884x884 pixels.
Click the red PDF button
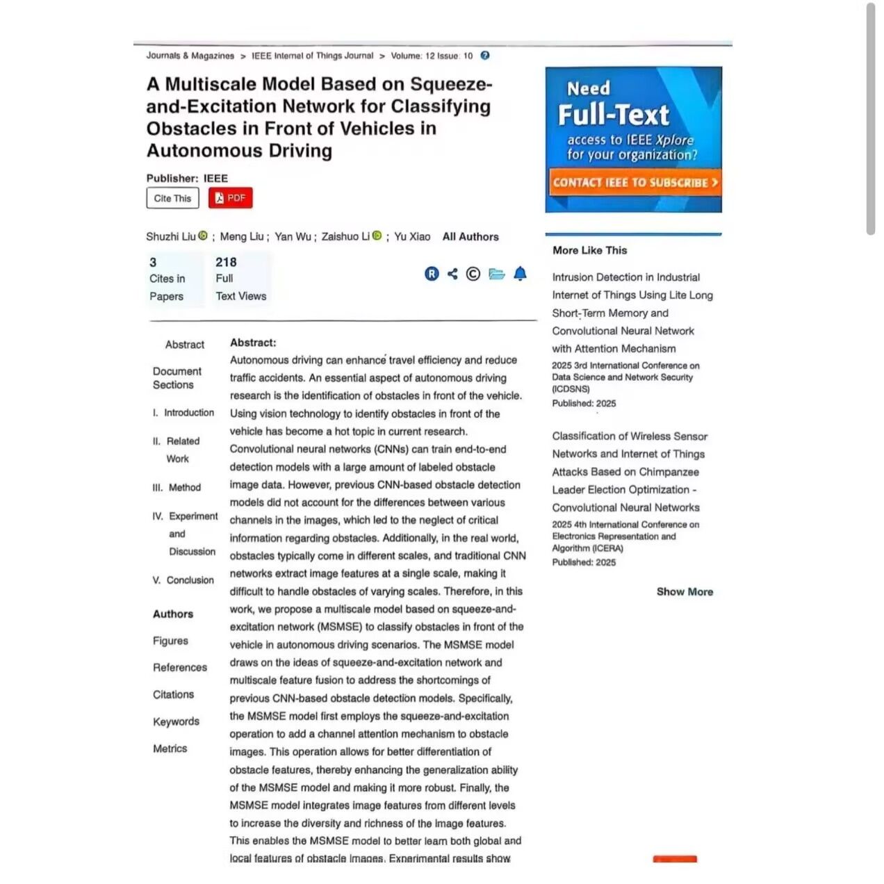(x=230, y=198)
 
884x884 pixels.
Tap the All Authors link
(x=470, y=237)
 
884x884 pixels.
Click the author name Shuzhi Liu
(x=171, y=237)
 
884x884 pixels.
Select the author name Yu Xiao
(x=412, y=237)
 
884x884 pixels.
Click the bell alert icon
(x=520, y=274)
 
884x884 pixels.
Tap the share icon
(x=452, y=274)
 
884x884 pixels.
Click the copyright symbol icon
(x=473, y=274)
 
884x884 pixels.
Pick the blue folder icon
(x=496, y=274)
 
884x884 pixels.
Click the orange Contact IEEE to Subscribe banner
(x=634, y=183)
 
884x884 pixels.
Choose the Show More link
(x=685, y=592)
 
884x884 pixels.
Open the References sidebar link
(x=180, y=668)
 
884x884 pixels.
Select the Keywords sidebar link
(x=176, y=722)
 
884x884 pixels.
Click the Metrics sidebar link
(x=170, y=748)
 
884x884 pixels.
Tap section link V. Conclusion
(x=183, y=580)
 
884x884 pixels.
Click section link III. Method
(x=177, y=488)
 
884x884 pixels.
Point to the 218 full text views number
(x=226, y=262)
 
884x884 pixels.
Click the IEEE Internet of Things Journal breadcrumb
(x=312, y=56)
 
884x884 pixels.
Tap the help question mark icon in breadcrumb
(x=485, y=56)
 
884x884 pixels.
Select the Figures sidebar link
(x=170, y=641)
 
